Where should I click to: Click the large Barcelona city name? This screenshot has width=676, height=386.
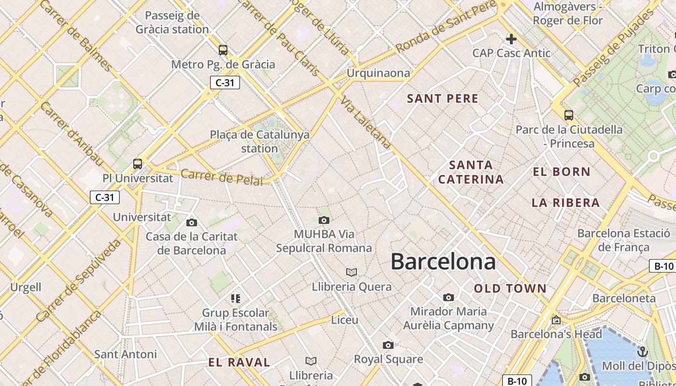tap(443, 262)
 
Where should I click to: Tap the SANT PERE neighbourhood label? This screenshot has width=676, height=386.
tap(442, 99)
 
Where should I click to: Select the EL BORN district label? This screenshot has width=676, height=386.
tap(562, 172)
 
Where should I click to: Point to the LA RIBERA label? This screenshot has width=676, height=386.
tap(565, 203)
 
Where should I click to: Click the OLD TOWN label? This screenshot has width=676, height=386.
tap(510, 289)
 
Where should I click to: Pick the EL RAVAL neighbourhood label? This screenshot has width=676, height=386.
tap(239, 362)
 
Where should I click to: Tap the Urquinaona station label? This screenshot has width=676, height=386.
tap(378, 73)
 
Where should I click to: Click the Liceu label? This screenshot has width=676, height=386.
tap(345, 320)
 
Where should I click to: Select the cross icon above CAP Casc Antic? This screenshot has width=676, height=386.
tap(511, 39)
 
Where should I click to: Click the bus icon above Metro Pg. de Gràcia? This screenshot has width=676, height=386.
tap(223, 50)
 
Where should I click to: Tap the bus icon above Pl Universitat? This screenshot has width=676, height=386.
tap(138, 164)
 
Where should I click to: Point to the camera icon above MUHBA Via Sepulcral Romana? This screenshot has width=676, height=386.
tap(324, 221)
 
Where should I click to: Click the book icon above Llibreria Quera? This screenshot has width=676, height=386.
tap(352, 273)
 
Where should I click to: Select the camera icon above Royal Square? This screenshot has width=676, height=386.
tap(388, 345)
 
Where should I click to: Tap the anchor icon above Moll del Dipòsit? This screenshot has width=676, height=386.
tap(642, 351)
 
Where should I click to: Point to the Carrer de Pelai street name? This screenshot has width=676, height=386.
tap(222, 177)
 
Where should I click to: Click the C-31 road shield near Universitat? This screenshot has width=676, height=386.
tap(105, 197)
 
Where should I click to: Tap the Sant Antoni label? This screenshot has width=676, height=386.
tap(126, 354)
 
